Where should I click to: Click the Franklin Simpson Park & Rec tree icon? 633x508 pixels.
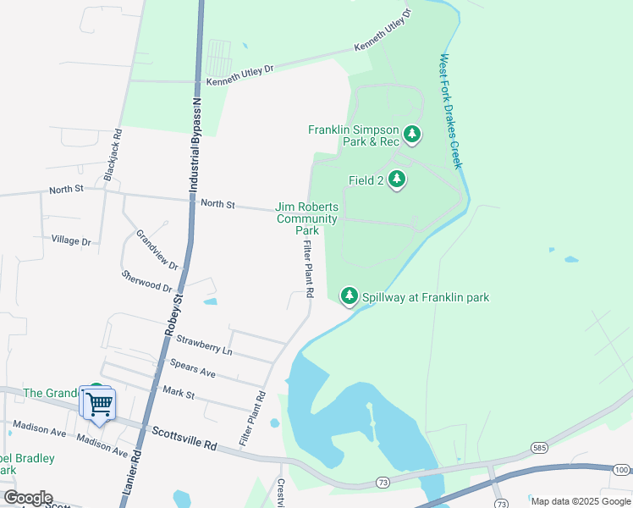pyautogui.click(x=412, y=134)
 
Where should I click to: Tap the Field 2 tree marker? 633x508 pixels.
pyautogui.click(x=397, y=180)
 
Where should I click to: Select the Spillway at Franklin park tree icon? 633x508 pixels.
pyautogui.click(x=349, y=297)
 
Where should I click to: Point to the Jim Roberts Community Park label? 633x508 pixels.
pyautogui.click(x=307, y=218)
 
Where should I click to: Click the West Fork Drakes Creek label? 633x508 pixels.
pyautogui.click(x=449, y=111)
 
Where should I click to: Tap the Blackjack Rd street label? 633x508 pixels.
pyautogui.click(x=113, y=154)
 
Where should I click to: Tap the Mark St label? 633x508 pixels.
pyautogui.click(x=179, y=394)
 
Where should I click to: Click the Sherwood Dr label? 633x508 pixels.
pyautogui.click(x=147, y=281)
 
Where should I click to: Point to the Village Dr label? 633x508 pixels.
pyautogui.click(x=70, y=240)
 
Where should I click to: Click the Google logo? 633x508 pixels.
pyautogui.click(x=28, y=497)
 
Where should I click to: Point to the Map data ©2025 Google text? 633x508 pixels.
pyautogui.click(x=580, y=500)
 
